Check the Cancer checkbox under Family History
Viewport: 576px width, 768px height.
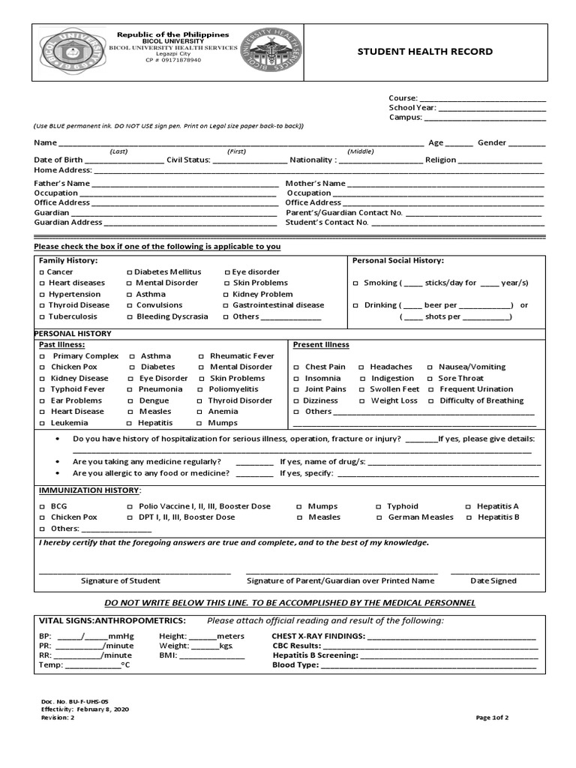42,272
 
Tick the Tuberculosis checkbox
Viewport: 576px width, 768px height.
42,317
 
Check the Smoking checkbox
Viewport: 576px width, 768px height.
355,283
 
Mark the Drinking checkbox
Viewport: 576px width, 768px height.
355,306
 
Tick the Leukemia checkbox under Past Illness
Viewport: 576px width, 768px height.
42,424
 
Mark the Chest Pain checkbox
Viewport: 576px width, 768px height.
297,367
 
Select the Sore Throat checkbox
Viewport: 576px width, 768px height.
430,379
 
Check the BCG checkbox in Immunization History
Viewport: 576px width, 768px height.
42,507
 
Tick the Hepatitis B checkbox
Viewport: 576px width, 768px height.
469,517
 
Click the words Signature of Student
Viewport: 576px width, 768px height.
120,580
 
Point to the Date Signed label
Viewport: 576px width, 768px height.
493,580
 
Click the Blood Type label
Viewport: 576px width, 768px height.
295,664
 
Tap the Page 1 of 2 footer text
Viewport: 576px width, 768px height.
492,718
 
